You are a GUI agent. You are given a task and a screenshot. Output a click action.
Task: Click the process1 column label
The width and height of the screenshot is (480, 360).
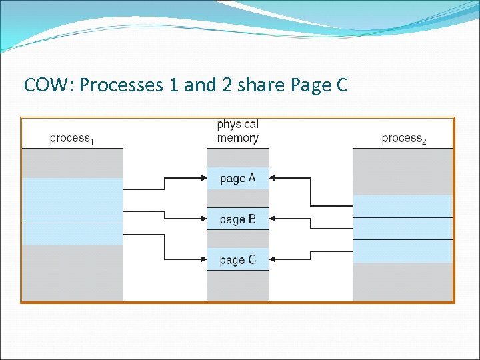(x=71, y=139)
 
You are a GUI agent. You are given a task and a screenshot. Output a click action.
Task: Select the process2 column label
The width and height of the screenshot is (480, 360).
(x=404, y=139)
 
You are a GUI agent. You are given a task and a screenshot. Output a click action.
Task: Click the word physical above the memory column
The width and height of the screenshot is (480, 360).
(x=238, y=125)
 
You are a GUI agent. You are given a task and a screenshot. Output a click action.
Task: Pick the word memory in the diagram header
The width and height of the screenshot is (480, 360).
(x=238, y=138)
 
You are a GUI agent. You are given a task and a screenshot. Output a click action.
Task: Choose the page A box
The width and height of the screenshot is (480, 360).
(x=238, y=178)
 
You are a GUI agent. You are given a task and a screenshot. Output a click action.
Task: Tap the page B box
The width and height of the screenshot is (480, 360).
(x=238, y=219)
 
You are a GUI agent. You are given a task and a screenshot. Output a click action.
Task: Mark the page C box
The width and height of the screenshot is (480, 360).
(x=238, y=259)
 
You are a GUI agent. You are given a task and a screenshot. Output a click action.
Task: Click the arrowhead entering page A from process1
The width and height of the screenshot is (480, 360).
(x=203, y=178)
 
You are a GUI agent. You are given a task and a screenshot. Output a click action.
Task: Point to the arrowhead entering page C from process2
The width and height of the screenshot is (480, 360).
(x=273, y=259)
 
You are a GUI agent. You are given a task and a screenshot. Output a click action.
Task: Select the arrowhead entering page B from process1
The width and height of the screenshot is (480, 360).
(x=203, y=219)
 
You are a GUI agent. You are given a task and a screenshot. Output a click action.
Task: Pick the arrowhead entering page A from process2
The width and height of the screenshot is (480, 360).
(x=273, y=178)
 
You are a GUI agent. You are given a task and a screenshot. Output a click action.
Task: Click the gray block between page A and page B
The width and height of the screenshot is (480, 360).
(x=238, y=198)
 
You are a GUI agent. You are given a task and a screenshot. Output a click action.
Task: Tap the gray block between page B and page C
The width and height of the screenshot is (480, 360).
(x=238, y=239)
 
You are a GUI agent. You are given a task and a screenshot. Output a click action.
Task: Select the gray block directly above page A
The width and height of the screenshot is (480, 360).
(x=238, y=157)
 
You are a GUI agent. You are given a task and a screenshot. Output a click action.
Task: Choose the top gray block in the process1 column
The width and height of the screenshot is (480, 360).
(x=73, y=163)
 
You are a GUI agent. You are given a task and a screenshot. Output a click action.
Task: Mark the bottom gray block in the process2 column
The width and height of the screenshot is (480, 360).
(x=403, y=281)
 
